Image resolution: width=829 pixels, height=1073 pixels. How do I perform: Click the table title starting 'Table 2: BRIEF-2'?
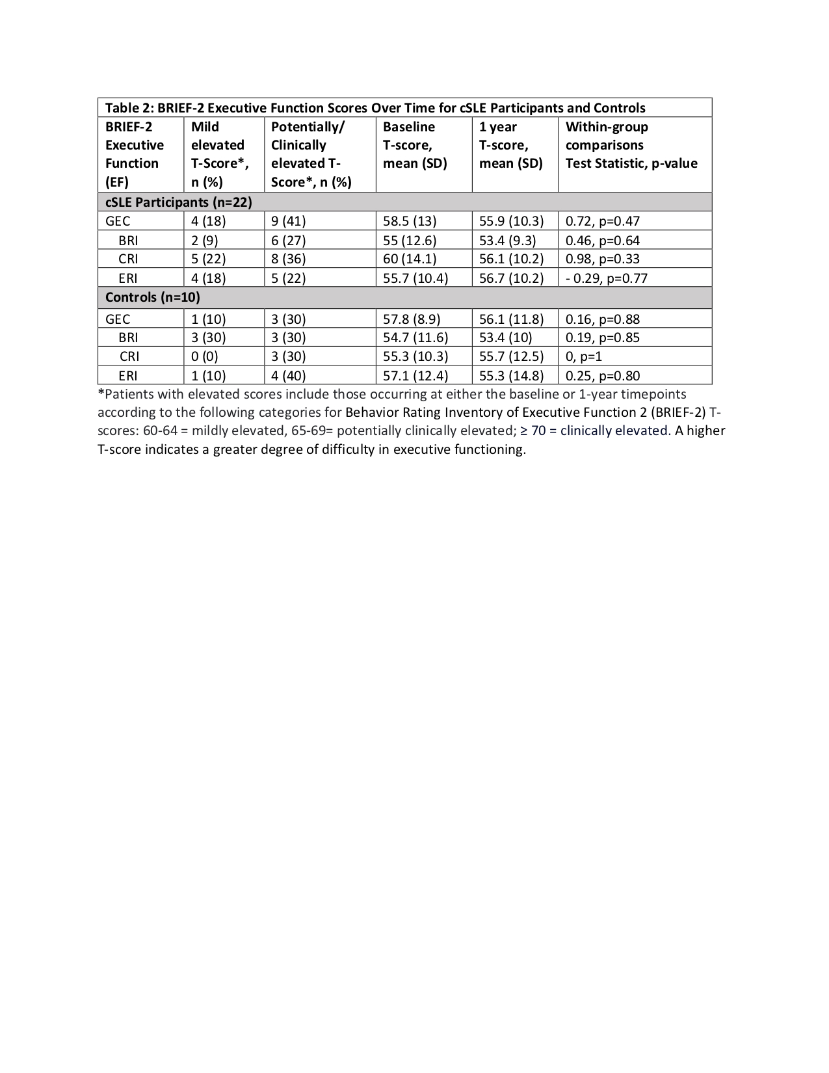(375, 108)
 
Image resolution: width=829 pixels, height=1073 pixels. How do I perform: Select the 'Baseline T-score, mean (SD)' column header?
(415, 145)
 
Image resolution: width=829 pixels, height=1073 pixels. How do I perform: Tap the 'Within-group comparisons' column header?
(631, 145)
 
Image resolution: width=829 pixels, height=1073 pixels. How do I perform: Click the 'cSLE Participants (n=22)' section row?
(179, 202)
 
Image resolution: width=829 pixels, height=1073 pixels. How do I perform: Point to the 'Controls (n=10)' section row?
(153, 298)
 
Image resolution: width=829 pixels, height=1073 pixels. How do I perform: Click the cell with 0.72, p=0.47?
(602, 221)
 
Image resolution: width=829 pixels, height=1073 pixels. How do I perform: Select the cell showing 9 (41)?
(288, 221)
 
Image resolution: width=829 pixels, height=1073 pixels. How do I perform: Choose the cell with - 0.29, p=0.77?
(606, 278)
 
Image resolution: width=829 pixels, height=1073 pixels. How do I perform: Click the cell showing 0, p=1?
(584, 356)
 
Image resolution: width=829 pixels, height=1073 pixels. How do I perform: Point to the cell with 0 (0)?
(205, 356)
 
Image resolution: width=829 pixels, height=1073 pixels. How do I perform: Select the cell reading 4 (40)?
(288, 376)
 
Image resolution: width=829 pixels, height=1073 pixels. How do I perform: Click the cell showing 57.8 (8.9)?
(412, 319)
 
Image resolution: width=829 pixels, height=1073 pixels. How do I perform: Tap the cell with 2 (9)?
(205, 241)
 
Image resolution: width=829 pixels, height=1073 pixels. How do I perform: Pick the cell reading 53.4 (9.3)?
(507, 241)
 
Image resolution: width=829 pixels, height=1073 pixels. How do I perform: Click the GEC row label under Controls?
(118, 319)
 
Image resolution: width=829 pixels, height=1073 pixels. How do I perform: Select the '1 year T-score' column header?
(510, 145)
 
